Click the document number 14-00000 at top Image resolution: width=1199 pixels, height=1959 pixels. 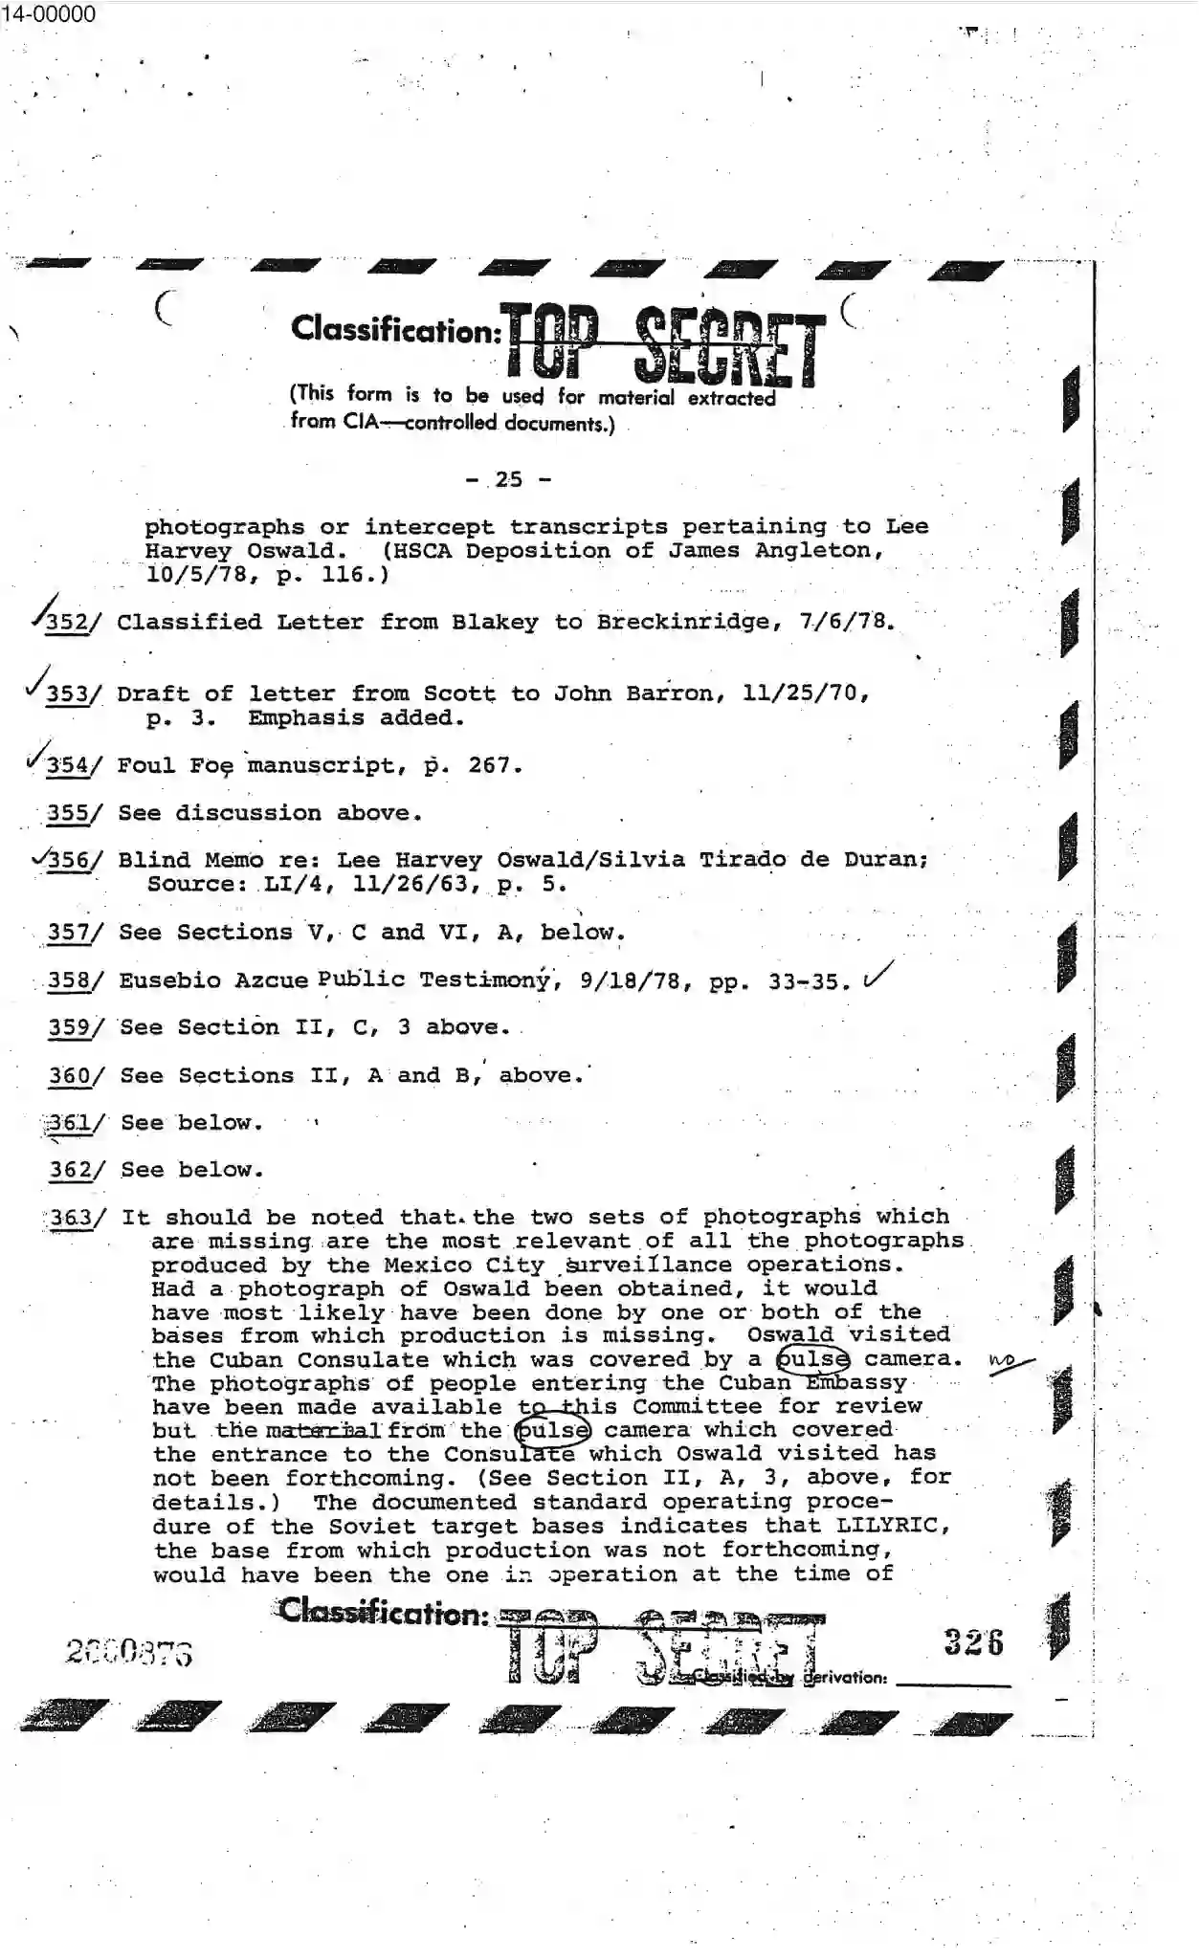48,13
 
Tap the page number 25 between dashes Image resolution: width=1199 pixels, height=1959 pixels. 509,479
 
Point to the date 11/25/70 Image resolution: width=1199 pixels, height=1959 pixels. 805,693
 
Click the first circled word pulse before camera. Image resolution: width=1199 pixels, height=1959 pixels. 812,1359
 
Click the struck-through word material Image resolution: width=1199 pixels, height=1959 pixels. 323,1432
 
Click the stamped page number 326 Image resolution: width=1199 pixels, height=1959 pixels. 972,1643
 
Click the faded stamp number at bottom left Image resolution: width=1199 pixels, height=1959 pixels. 129,1652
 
